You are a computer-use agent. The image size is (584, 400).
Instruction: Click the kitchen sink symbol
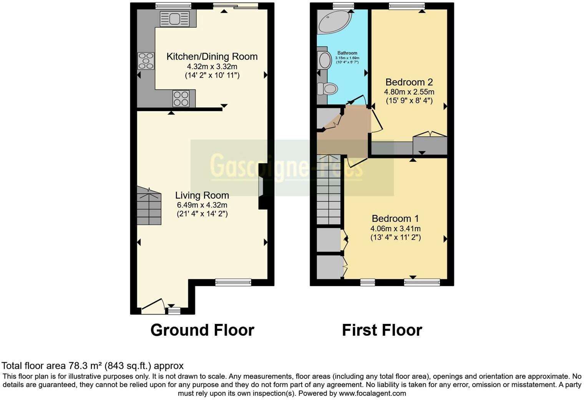point(174,18)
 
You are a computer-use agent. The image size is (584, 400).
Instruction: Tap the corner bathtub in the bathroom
point(333,22)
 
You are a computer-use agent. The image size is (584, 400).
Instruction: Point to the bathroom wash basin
point(325,60)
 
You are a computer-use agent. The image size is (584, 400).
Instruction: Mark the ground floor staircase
point(149,206)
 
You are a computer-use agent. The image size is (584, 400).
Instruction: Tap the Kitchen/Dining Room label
point(212,56)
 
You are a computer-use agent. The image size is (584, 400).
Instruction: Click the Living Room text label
point(202,195)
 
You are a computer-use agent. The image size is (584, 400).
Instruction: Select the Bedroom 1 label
point(395,219)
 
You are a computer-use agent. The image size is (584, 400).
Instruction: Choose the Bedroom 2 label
point(409,82)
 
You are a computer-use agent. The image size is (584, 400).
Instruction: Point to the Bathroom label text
point(347,53)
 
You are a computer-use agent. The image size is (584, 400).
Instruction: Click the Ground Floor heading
point(202,330)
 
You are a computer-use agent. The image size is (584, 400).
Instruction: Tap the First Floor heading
point(382,330)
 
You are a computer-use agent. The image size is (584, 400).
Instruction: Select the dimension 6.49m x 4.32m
point(202,205)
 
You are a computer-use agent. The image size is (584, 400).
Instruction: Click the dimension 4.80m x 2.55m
point(409,92)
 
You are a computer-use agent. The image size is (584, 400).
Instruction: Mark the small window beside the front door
point(174,311)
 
